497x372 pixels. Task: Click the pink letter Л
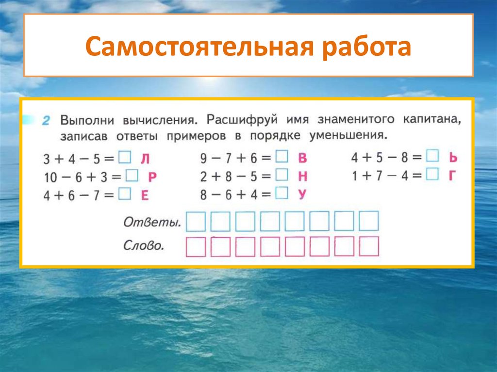145,158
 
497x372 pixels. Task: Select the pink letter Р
151,177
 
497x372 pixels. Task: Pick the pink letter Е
144,195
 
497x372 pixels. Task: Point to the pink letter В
302,158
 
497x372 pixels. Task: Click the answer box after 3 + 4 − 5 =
125,157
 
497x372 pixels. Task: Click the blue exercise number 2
46,121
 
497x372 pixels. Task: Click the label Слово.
143,245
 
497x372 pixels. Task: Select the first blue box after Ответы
197,222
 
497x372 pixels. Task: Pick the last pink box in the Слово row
369,246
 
